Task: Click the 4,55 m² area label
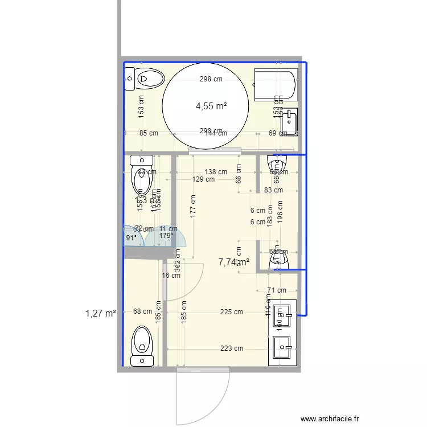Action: pyautogui.click(x=211, y=106)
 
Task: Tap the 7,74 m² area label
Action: pyautogui.click(x=234, y=262)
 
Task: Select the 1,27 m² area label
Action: pyautogui.click(x=101, y=313)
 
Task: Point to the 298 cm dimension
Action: pyautogui.click(x=211, y=79)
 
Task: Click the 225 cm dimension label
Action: pyautogui.click(x=232, y=312)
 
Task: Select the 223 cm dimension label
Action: pyautogui.click(x=232, y=348)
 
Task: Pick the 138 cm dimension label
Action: pyautogui.click(x=216, y=171)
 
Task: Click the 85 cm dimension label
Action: pyautogui.click(x=149, y=133)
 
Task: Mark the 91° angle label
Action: pyautogui.click(x=131, y=238)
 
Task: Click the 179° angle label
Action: pyautogui.click(x=166, y=235)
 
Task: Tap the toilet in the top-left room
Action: pyautogui.click(x=145, y=78)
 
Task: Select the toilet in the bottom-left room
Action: pyautogui.click(x=142, y=346)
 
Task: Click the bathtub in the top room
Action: pyautogui.click(x=275, y=84)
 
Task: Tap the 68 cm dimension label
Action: pyautogui.click(x=142, y=311)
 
